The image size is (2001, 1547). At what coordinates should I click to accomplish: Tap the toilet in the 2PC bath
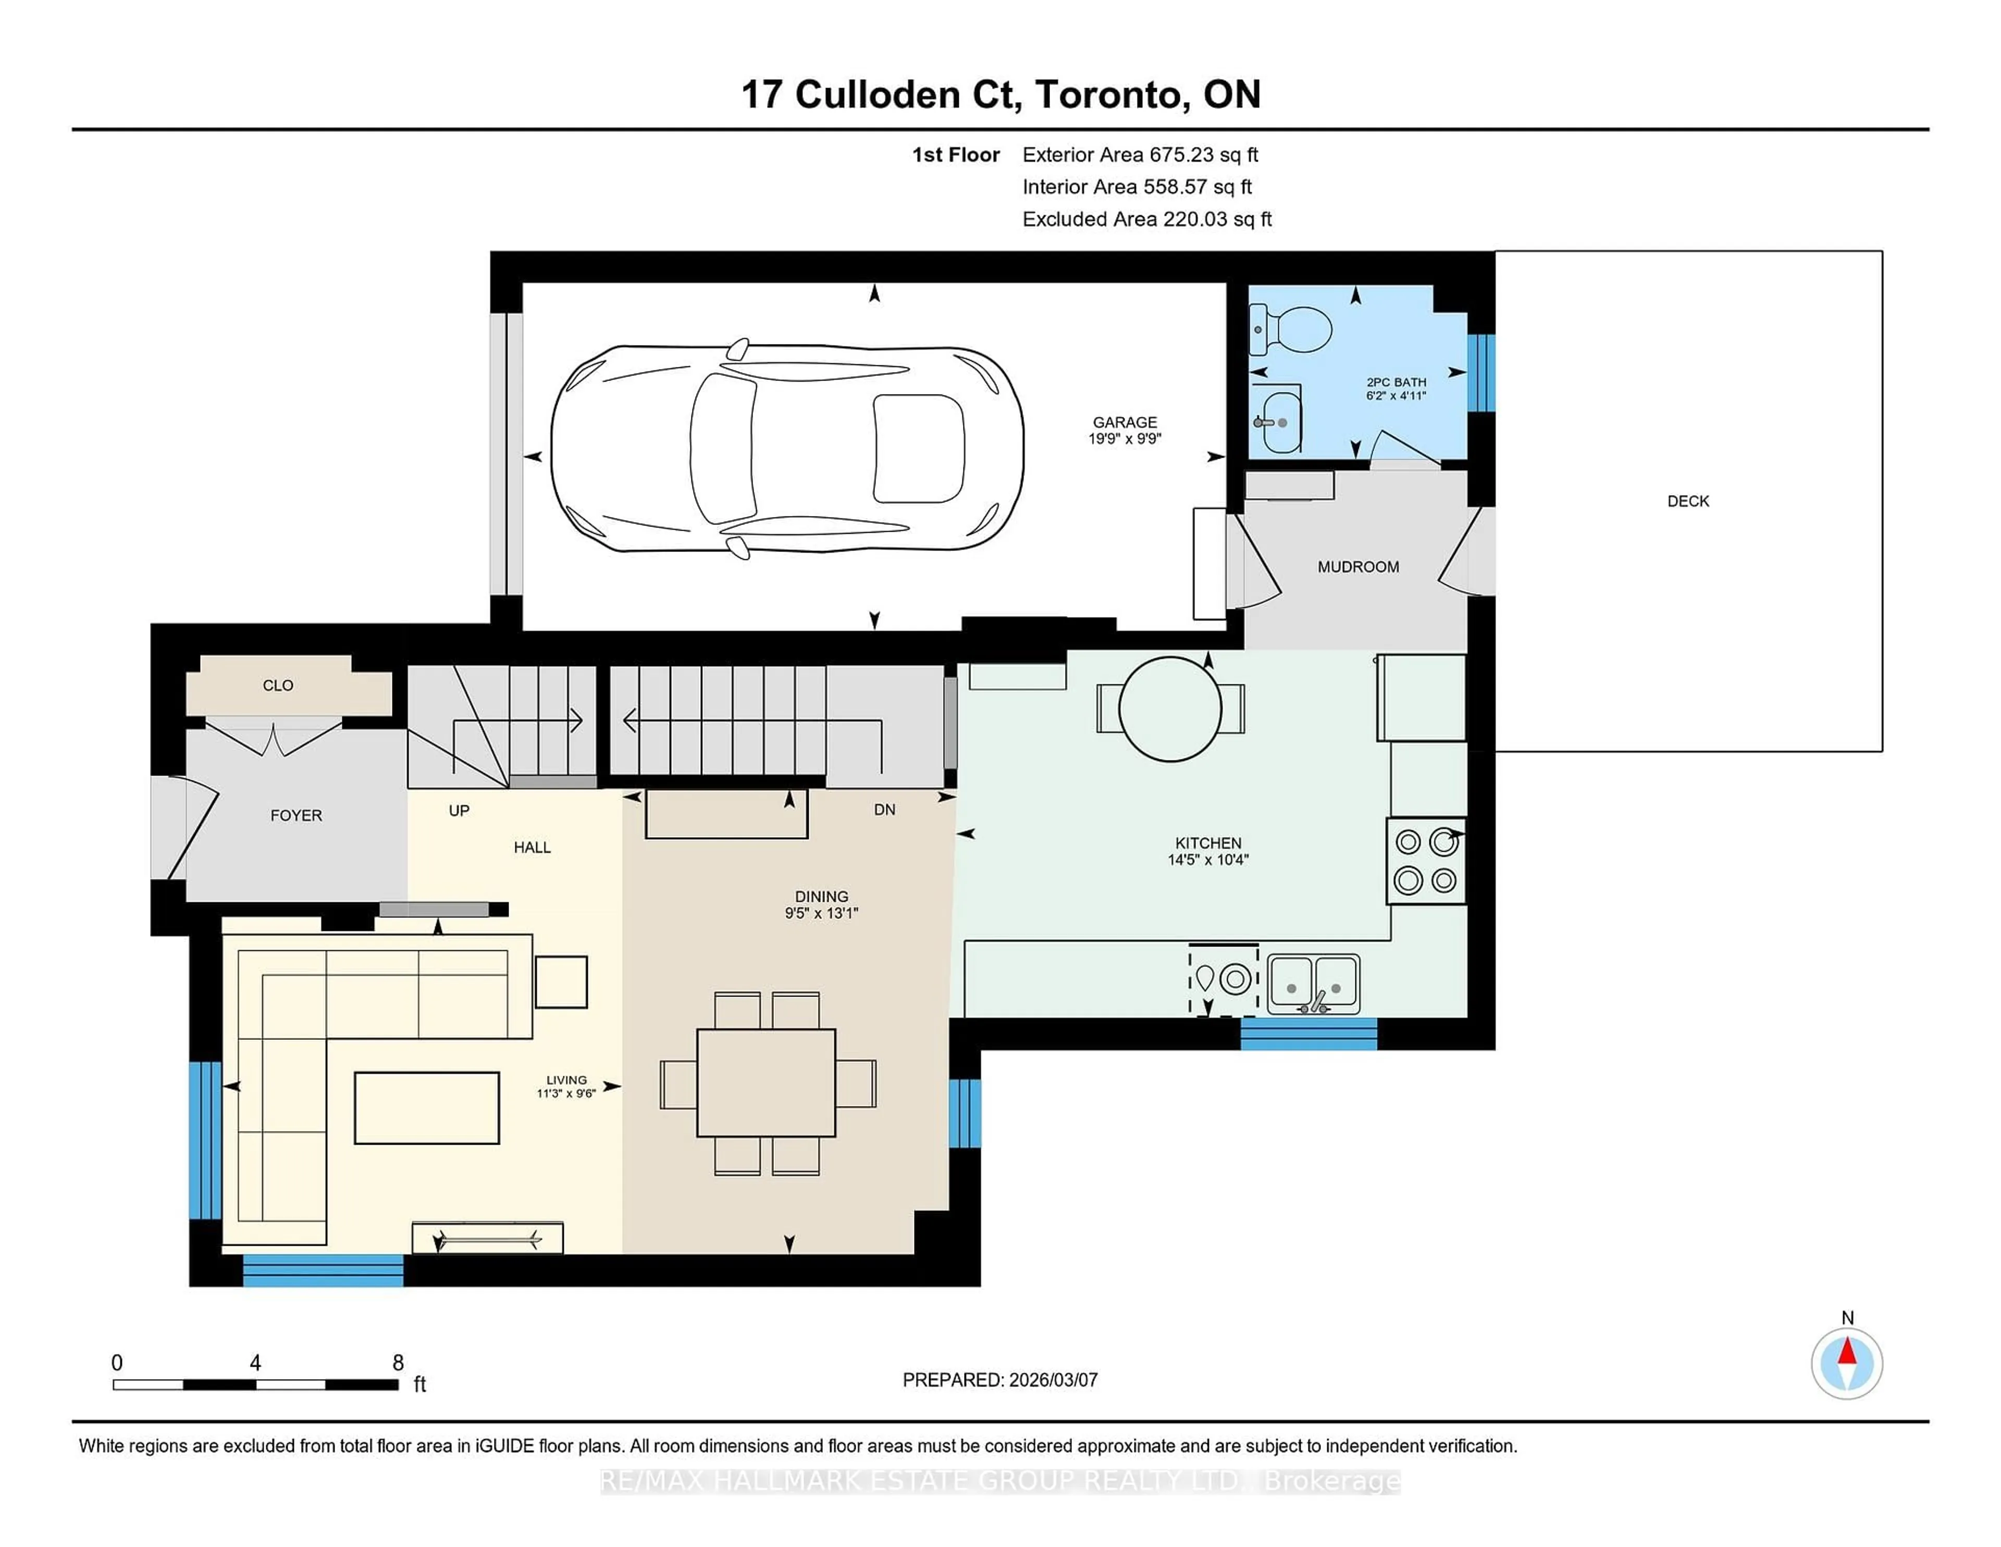point(1294,330)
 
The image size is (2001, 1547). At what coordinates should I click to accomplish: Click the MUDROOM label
point(1358,567)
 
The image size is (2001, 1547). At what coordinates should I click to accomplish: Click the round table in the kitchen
point(1170,709)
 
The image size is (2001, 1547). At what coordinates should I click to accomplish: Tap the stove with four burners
point(1426,862)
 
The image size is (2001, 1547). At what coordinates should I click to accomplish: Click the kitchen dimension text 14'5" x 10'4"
point(1207,860)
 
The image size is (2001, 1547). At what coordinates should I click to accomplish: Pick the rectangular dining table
point(766,1083)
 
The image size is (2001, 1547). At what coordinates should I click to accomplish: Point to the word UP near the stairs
point(459,810)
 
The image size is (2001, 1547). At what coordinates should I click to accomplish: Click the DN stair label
point(884,810)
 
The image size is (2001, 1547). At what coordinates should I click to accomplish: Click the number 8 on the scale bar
point(398,1363)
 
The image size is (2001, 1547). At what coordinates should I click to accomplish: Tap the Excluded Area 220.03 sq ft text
point(1146,219)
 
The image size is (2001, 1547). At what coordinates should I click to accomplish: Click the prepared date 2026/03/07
point(1053,1380)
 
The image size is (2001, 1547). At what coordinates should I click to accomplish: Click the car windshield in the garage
point(722,449)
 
